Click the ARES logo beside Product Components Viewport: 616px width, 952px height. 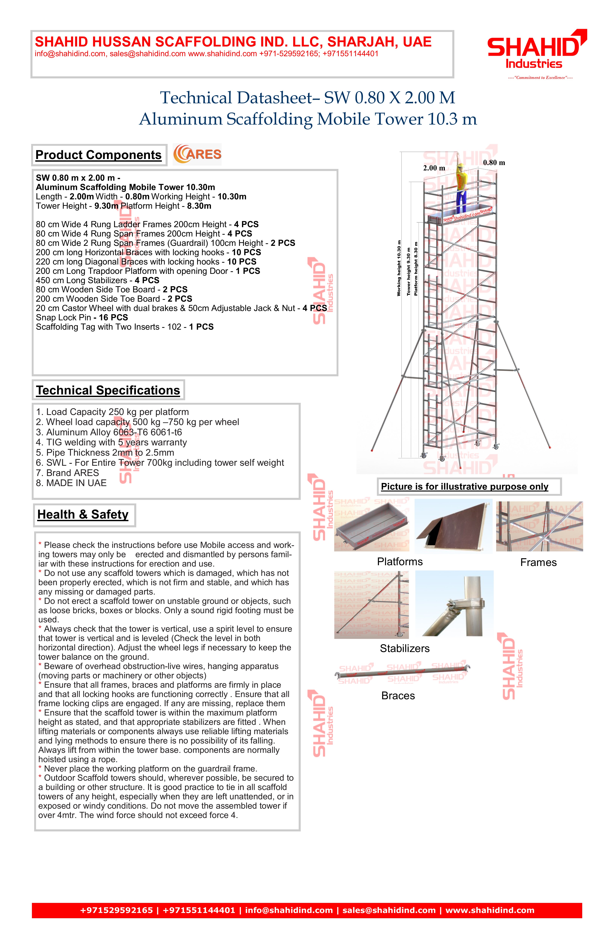coord(197,154)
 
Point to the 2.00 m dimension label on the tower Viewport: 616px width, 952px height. coord(434,168)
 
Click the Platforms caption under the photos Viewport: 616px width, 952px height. coord(400,562)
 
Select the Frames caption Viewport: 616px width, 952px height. coord(538,562)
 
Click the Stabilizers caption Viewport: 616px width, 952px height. coord(404,648)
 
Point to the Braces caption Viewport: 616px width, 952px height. coord(398,696)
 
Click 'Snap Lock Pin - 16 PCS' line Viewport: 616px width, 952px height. coord(82,318)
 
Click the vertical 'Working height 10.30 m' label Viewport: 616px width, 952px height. coord(399,268)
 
